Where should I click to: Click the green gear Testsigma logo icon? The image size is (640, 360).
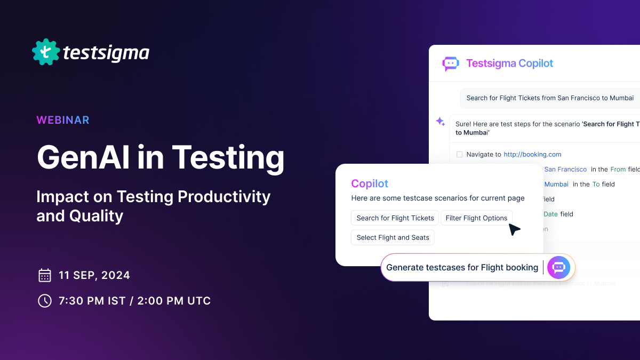45,52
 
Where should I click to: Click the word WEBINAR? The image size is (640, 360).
63,120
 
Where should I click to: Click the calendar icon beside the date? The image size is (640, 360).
45,275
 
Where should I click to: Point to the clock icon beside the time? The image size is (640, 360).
45,301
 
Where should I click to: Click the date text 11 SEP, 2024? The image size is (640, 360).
94,276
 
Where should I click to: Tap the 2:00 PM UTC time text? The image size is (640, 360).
174,301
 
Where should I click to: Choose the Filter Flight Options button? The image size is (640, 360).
476,218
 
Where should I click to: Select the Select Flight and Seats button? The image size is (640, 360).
393,237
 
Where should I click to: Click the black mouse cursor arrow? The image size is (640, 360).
514,229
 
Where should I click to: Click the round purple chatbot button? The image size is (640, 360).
558,267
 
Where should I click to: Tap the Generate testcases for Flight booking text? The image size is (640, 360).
462,268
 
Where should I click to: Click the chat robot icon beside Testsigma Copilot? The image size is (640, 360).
451,63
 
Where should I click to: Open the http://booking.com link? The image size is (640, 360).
532,154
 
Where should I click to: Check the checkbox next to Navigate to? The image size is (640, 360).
459,155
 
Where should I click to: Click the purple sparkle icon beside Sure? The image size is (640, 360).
441,122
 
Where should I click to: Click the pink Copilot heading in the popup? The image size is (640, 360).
370,183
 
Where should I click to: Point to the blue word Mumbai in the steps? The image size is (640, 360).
556,184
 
